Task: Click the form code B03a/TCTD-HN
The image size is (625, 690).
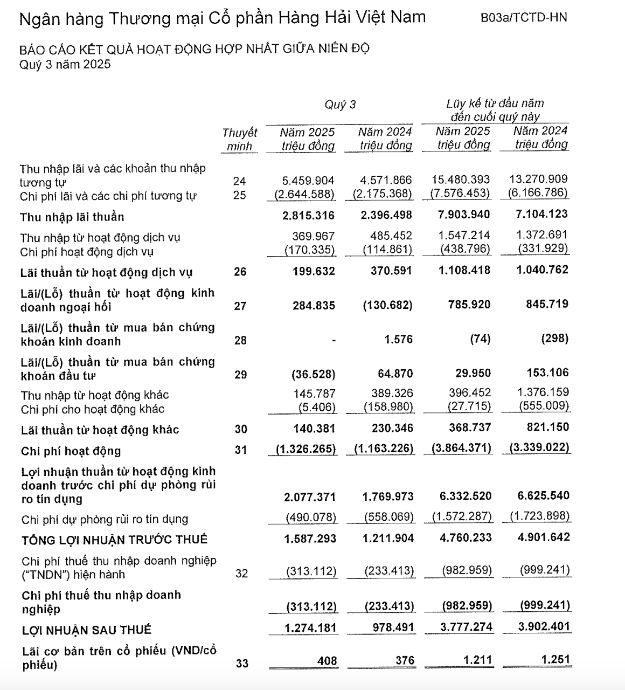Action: [523, 17]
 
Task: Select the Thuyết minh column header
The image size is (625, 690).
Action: [239, 139]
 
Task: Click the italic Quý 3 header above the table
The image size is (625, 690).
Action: [340, 105]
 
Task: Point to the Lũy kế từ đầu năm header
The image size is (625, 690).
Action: [495, 103]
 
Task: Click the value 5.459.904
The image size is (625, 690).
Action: [308, 180]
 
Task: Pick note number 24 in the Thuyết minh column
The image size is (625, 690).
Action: [239, 181]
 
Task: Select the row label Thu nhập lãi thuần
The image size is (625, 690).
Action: [72, 217]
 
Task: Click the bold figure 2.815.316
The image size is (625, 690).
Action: [308, 216]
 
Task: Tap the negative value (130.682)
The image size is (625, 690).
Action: [387, 305]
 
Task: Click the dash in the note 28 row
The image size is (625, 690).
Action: [334, 340]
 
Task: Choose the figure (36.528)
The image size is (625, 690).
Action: [313, 374]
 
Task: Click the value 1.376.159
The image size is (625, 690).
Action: [541, 392]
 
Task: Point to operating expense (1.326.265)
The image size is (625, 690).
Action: [304, 449]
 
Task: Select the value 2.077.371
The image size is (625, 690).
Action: [310, 497]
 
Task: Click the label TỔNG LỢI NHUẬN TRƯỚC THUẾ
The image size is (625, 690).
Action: [114, 540]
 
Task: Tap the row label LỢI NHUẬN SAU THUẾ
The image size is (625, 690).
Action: [87, 630]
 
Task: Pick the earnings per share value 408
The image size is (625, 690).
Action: [327, 661]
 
